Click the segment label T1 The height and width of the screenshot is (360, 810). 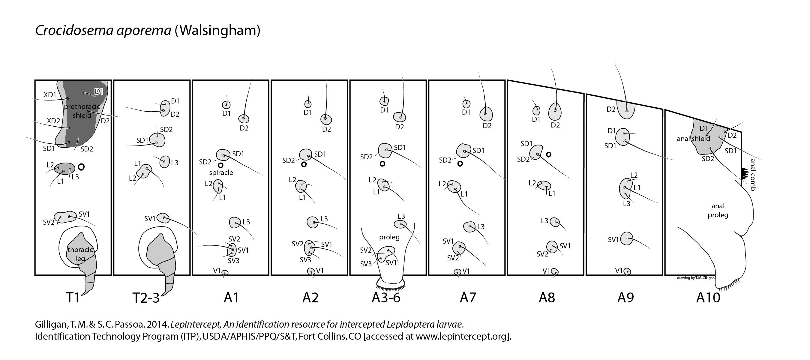coord(73,297)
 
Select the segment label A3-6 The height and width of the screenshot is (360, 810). coord(386,297)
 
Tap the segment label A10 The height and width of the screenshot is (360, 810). coord(708,297)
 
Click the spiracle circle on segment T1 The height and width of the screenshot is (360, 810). coord(81,167)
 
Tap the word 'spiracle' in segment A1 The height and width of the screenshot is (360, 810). coord(221,172)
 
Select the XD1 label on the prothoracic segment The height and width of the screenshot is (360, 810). coord(50,94)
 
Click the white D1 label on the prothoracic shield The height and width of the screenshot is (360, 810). coord(99,91)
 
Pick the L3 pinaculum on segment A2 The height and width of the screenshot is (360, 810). coord(313,222)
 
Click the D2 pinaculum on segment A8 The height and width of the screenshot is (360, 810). coord(555,112)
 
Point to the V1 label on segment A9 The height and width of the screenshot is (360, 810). coord(619,271)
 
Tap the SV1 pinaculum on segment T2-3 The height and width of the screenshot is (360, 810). coord(163,218)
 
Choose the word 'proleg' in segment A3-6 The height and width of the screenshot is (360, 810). coord(389,237)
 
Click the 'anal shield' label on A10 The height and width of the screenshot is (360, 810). coord(693,139)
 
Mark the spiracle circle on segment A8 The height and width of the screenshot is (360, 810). coord(548,154)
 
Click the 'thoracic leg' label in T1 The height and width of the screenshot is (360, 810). coord(80,254)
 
